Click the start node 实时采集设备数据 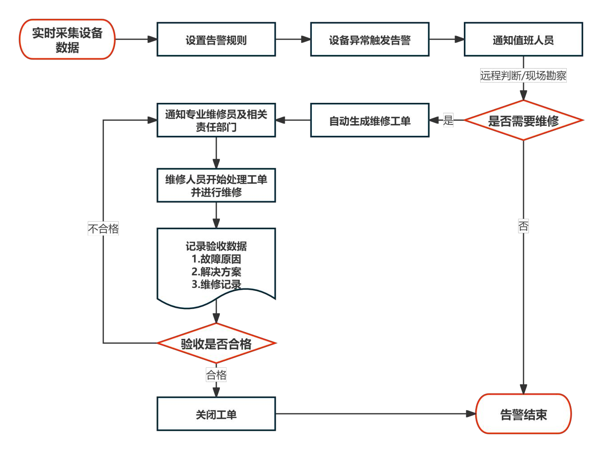[67, 40]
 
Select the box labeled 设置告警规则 [216, 40]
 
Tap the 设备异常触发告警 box [370, 40]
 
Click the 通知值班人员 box [523, 40]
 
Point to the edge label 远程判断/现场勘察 [523, 75]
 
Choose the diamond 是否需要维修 [523, 120]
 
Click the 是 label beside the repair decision [448, 120]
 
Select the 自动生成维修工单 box [370, 120]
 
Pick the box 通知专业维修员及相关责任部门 [216, 120]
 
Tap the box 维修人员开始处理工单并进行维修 [216, 185]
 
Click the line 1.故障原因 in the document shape [216, 259]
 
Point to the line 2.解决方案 [216, 272]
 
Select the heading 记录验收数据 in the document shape [216, 246]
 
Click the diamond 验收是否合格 [216, 343]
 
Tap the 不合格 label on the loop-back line [103, 229]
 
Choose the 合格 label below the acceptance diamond [216, 375]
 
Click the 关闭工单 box [216, 414]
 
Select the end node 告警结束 [523, 414]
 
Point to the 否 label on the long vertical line [523, 226]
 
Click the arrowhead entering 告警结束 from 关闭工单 [471, 414]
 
